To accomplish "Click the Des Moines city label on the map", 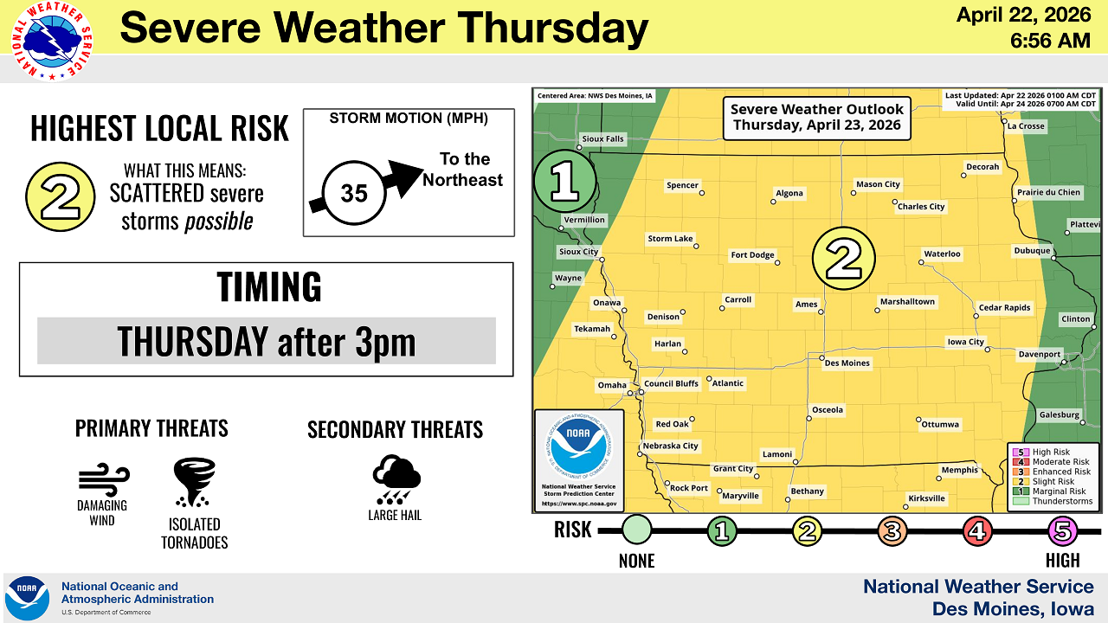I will (x=847, y=363).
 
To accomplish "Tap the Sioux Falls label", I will (x=602, y=138).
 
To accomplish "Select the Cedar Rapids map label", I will (x=1004, y=308).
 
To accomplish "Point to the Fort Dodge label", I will (x=752, y=255).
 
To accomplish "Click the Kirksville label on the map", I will (x=926, y=498).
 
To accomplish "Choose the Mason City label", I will (x=878, y=184).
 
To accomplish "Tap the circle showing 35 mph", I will (x=353, y=192).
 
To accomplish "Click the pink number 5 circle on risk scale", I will (x=1062, y=530).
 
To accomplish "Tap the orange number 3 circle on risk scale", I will (x=892, y=530).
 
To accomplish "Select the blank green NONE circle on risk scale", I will (x=636, y=530).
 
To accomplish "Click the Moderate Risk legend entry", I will (x=1060, y=462).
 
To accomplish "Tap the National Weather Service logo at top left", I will (x=52, y=42).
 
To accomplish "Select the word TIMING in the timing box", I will (x=268, y=286).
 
